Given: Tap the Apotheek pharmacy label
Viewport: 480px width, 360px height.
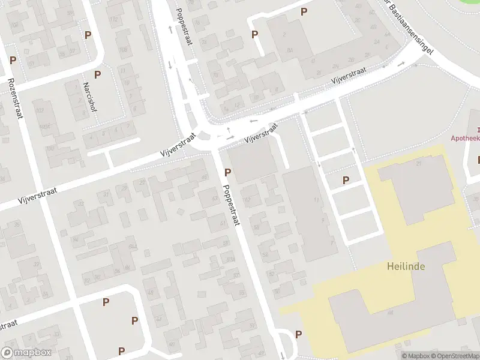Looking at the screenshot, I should click(x=466, y=137).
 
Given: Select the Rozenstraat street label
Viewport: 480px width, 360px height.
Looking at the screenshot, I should click(x=15, y=98).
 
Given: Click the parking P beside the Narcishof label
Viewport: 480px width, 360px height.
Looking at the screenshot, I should click(x=97, y=74).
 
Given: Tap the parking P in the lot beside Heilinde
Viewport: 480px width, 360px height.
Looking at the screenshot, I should click(x=346, y=180).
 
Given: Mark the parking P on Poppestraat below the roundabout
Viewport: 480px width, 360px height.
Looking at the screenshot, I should click(x=227, y=172).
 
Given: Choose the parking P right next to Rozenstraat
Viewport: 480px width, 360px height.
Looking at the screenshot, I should click(x=13, y=61).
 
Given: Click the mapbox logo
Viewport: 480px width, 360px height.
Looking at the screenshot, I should click(x=26, y=353).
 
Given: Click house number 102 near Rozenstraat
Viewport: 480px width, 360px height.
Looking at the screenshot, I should click(x=40, y=111).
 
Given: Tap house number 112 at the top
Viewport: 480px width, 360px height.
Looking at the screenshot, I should click(x=113, y=19).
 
